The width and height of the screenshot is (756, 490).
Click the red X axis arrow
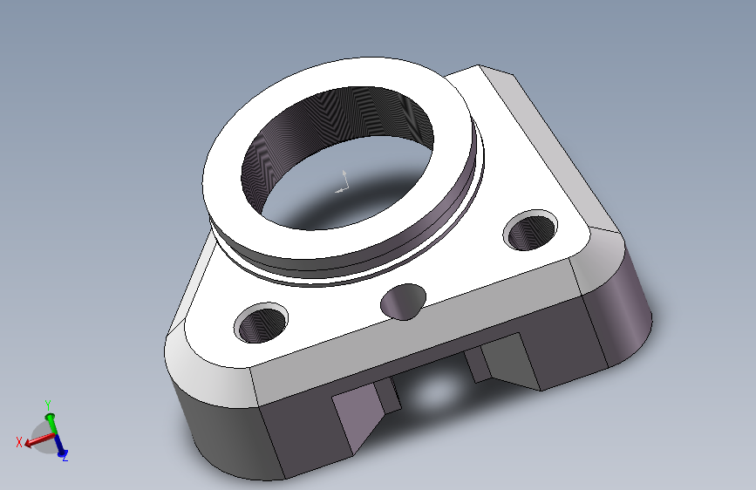tap(39, 439)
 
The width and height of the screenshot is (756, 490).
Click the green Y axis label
tap(48, 405)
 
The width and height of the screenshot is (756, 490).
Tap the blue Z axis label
tap(65, 456)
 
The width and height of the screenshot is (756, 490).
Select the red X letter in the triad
tap(19, 442)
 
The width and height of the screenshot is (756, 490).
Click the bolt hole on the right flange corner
tap(530, 230)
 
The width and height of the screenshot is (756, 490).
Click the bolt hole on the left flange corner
tap(261, 323)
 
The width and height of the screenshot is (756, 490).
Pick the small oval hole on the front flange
tap(404, 302)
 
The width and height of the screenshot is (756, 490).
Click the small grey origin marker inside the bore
tap(342, 182)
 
